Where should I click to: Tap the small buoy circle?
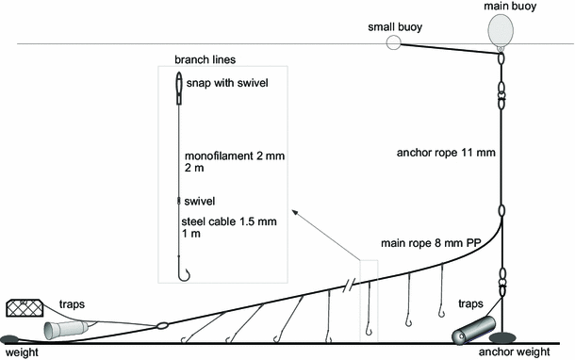click(x=393, y=42)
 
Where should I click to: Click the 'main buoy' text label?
click(x=505, y=5)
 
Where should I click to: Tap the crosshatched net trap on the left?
click(x=27, y=306)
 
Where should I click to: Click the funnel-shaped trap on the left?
click(x=69, y=329)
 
